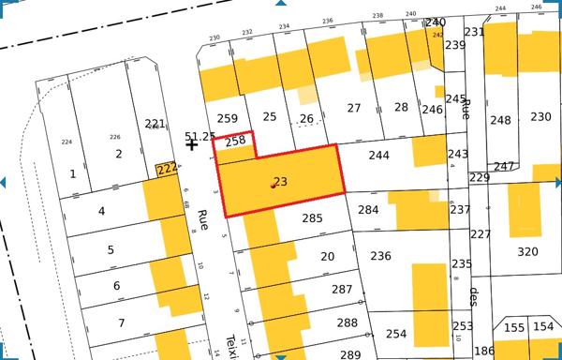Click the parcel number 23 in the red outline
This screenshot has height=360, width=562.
point(280,182)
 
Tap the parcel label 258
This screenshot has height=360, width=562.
point(235,141)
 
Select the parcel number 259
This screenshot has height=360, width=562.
point(227,118)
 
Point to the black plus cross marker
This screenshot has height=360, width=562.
point(192,144)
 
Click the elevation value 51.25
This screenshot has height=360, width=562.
point(200,137)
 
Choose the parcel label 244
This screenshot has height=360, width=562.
point(378,156)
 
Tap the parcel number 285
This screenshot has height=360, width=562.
point(312,218)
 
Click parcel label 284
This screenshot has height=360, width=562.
point(368,209)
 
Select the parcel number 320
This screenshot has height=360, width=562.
point(528,251)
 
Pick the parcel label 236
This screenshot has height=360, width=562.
point(380,256)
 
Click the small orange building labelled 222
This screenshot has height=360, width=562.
point(167,169)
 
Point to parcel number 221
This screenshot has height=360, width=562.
point(155,124)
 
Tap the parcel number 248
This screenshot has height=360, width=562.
point(500,120)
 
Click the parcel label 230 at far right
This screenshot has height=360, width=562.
point(540,116)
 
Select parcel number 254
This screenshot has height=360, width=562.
point(396,334)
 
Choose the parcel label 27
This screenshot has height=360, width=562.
point(353,109)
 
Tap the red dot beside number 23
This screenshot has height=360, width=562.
point(273,186)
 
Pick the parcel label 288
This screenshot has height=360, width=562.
point(347,323)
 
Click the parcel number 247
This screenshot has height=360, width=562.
point(504,167)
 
